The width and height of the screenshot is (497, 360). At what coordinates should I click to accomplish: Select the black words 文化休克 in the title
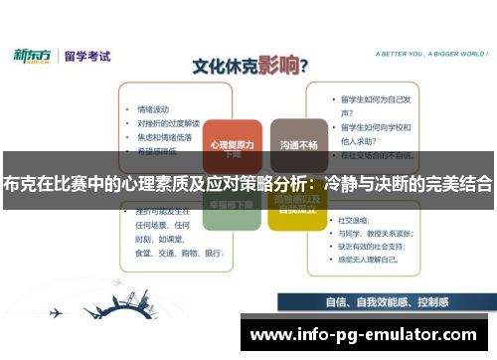pyautogui.click(x=222, y=69)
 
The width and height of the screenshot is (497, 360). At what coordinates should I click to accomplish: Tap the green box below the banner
pyautogui.click(x=232, y=209)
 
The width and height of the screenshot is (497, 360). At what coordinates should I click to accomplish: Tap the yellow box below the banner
pyautogui.click(x=299, y=209)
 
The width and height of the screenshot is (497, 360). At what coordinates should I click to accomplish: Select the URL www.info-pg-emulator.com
pyautogui.click(x=364, y=334)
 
